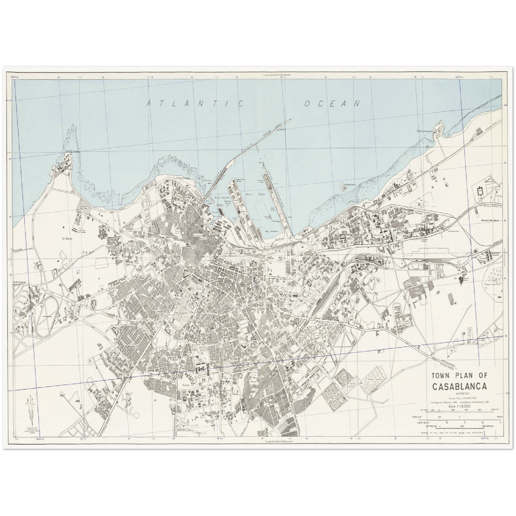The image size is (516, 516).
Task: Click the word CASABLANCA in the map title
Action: tap(459, 386)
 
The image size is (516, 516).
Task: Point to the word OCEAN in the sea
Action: tap(331, 104)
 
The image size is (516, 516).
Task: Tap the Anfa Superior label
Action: tap(21, 282)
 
